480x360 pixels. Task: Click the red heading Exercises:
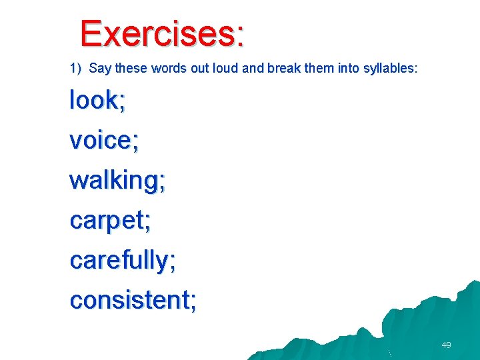(x=162, y=33)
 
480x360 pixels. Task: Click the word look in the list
(x=93, y=101)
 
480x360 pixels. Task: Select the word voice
(x=100, y=141)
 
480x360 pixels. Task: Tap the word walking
(x=114, y=181)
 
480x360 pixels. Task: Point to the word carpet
(x=107, y=221)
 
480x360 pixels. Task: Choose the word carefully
(x=119, y=261)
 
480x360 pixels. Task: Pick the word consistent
(x=129, y=301)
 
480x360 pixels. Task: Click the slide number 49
(x=446, y=345)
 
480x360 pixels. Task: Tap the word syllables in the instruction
(x=389, y=68)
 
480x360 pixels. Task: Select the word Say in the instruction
(x=99, y=68)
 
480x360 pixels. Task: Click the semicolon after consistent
(x=193, y=303)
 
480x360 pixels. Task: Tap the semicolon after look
(x=122, y=103)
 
